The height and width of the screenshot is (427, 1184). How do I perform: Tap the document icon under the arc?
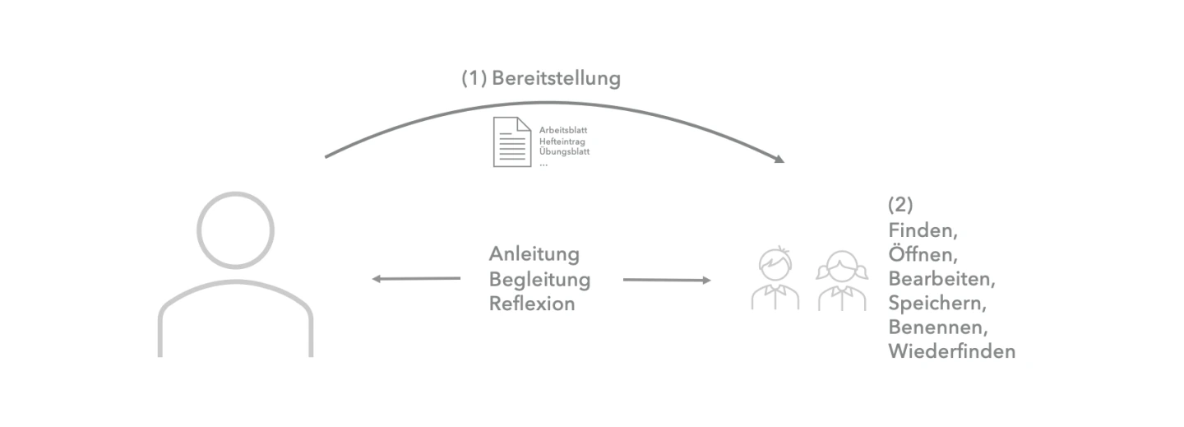[511, 142]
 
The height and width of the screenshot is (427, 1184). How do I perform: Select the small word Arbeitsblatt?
[563, 130]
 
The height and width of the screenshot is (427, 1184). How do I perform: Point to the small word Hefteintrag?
[562, 142]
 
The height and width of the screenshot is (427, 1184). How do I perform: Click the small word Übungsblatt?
[564, 152]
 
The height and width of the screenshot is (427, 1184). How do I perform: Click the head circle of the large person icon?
[235, 230]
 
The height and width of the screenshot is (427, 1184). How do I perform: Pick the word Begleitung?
[539, 279]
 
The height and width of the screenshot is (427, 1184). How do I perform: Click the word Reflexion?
[531, 304]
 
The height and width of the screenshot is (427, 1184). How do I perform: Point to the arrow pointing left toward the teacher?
[415, 279]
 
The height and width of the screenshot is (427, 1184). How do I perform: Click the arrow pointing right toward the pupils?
[667, 281]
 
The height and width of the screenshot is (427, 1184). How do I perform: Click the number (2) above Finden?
[900, 205]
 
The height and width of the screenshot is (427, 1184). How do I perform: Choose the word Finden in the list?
[922, 230]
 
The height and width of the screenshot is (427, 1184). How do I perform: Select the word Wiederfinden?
[951, 351]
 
